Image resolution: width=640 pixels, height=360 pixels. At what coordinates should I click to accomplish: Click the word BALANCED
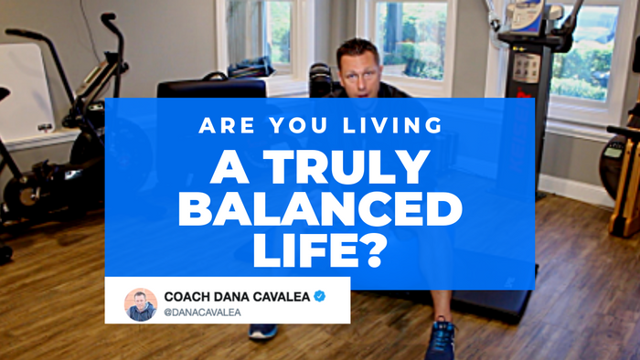tap(319, 210)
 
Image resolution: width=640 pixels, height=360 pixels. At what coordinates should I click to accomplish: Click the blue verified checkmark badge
tap(320, 296)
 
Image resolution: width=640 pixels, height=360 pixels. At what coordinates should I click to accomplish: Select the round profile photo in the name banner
tap(140, 305)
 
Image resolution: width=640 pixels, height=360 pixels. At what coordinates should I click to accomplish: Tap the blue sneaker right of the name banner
tap(441, 340)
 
